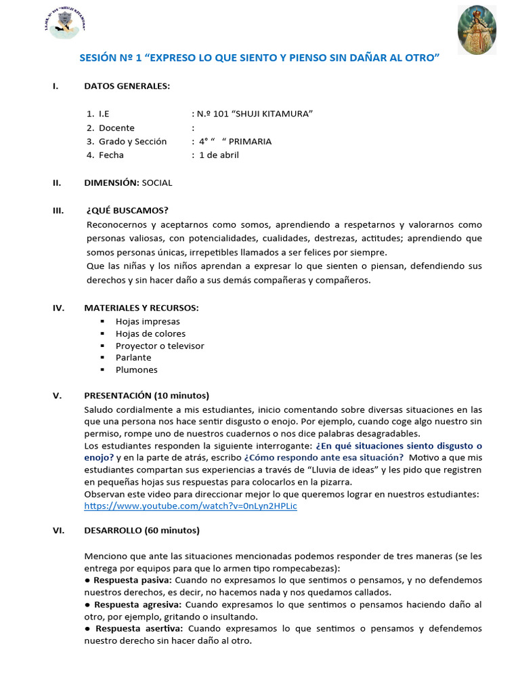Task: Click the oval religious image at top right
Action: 477,30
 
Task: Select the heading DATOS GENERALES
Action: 127,86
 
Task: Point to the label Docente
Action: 116,127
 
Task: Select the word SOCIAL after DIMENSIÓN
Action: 157,182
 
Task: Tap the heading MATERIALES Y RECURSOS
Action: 141,308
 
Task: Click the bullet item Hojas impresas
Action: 148,321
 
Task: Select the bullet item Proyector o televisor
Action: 160,346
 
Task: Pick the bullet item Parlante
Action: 133,357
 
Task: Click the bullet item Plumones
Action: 136,369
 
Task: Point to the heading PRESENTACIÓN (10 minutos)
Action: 146,396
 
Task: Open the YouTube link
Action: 190,506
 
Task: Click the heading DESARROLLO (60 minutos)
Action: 142,530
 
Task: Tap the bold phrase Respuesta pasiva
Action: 132,580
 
